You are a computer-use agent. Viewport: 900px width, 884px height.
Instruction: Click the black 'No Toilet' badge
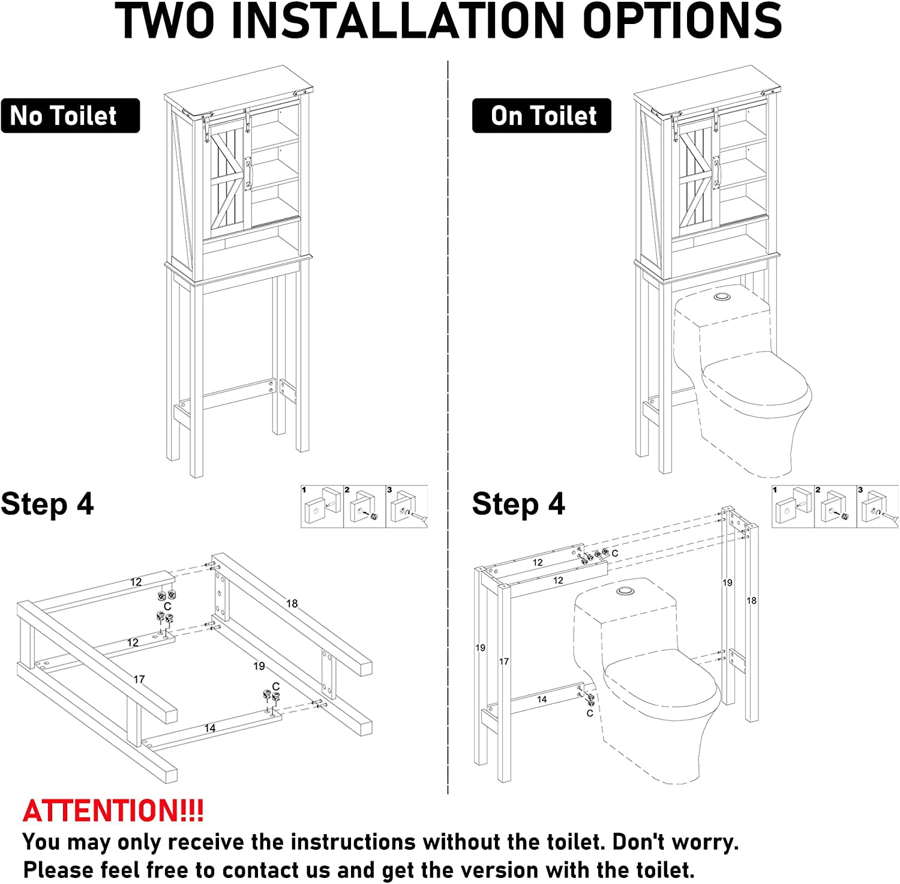pyautogui.click(x=70, y=116)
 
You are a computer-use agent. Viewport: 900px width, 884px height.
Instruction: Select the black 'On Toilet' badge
pyautogui.click(x=542, y=116)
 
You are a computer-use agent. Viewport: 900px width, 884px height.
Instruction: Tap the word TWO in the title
pyautogui.click(x=165, y=22)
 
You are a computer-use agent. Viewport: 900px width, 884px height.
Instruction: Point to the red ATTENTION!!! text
pyautogui.click(x=113, y=811)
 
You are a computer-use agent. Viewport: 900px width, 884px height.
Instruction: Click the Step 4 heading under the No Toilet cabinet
pyautogui.click(x=47, y=504)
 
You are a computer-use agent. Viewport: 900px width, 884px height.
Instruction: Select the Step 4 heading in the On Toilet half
pyautogui.click(x=518, y=504)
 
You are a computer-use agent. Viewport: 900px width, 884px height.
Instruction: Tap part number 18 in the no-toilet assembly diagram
pyautogui.click(x=292, y=603)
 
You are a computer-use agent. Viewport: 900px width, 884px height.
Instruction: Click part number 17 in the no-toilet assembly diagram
pyautogui.click(x=139, y=679)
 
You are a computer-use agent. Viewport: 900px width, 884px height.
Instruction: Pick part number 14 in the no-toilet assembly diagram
pyautogui.click(x=209, y=728)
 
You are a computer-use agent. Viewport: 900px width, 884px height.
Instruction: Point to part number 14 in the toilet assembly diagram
pyautogui.click(x=542, y=699)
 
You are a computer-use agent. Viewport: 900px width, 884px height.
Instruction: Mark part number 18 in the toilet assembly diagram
pyautogui.click(x=751, y=600)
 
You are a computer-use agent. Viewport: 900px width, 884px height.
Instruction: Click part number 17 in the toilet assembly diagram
pyautogui.click(x=504, y=661)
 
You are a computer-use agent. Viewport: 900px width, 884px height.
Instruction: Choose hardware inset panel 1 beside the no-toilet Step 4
pyautogui.click(x=322, y=507)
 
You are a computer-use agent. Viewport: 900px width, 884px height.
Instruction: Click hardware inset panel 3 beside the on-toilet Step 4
pyautogui.click(x=878, y=507)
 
